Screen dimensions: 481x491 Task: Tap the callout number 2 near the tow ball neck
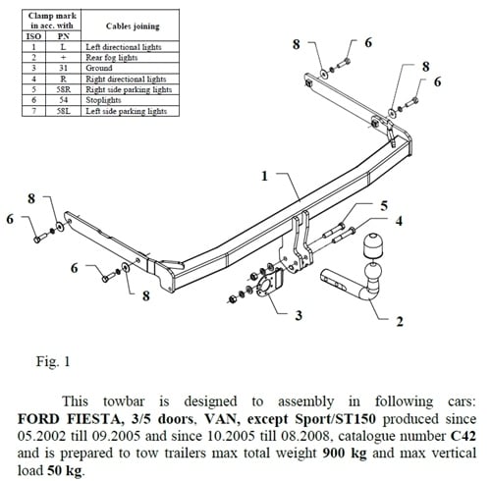tap(400, 320)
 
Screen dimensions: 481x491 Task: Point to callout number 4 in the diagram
tap(399, 221)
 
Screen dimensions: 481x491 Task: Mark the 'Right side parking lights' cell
tap(129, 88)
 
